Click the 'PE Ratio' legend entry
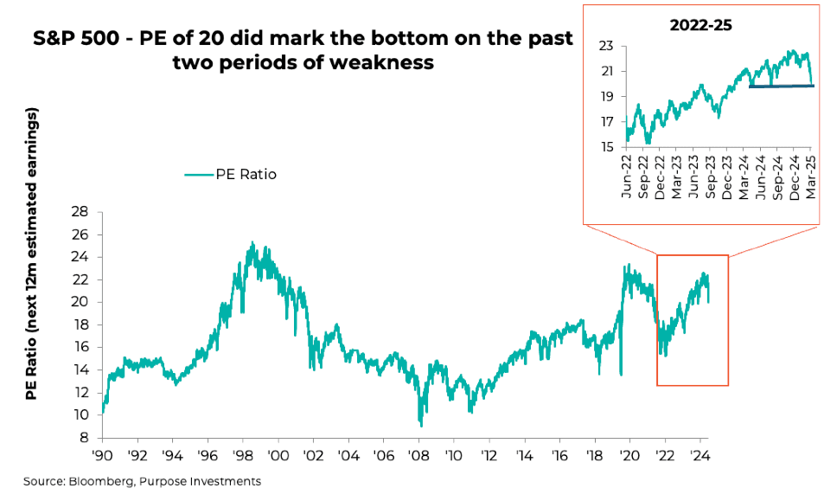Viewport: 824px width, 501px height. (230, 174)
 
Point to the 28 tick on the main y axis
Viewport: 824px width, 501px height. (80, 212)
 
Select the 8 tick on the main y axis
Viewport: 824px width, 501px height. (84, 438)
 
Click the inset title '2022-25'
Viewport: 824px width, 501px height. (700, 25)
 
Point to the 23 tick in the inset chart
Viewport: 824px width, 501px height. (606, 46)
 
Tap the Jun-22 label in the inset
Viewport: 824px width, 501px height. (627, 176)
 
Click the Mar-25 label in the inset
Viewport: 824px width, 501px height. (812, 176)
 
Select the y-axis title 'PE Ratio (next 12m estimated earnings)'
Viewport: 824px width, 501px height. (32, 254)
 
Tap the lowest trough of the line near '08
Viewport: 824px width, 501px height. (421, 425)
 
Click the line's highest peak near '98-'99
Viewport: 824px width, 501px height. (252, 243)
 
